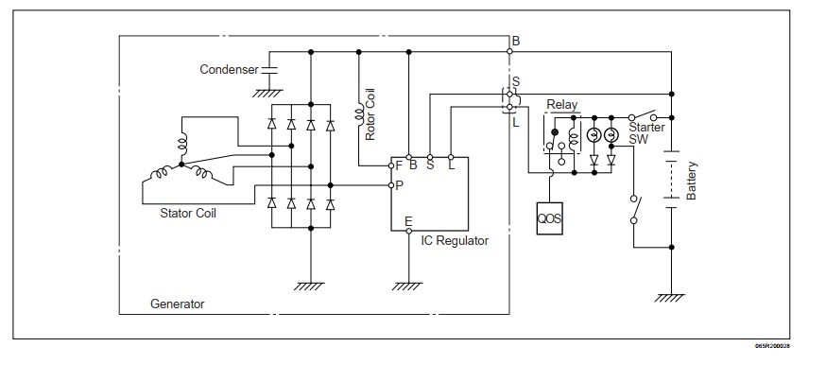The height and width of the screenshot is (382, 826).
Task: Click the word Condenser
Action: coord(228,70)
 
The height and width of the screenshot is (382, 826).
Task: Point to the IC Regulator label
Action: coord(455,241)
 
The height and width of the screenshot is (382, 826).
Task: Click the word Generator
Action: coord(177,304)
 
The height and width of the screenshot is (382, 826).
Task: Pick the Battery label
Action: coord(692,179)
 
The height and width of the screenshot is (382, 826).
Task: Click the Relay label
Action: coord(562,105)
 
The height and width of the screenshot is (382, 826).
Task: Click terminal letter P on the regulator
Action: coord(400,186)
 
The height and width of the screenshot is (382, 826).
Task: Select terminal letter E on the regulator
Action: coord(408,223)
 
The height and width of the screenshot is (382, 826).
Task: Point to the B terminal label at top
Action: coord(516,41)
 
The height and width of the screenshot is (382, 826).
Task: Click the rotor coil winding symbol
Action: coord(359,116)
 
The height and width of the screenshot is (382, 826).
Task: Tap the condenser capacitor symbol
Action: coord(267,69)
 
